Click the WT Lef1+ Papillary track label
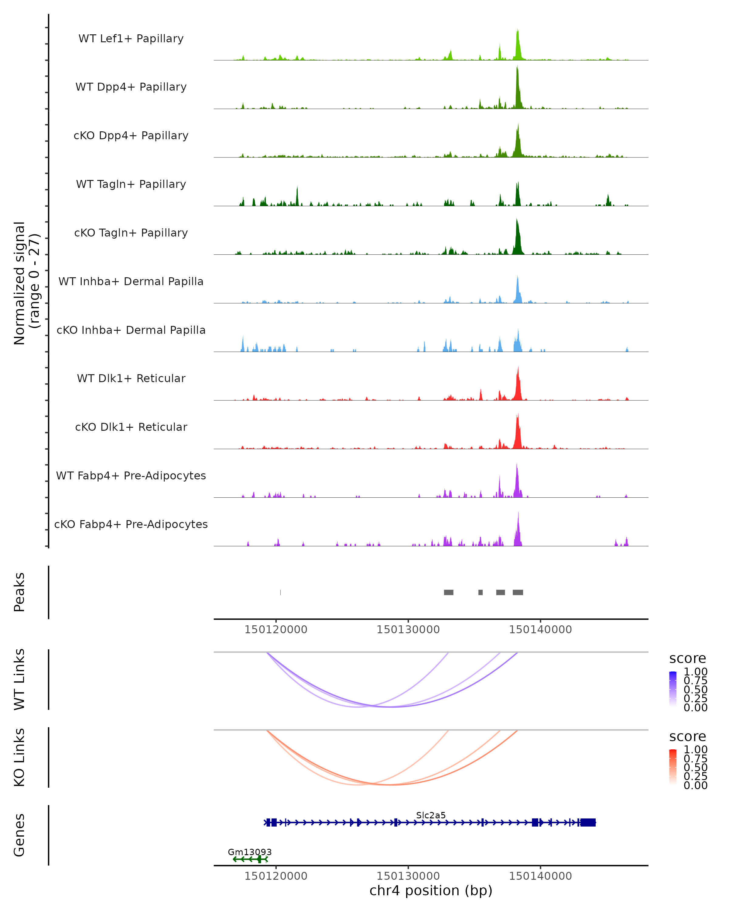[131, 39]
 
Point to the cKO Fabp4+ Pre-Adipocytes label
[131, 524]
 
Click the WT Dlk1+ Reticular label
[131, 378]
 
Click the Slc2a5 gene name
[431, 815]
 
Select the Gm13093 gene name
[249, 852]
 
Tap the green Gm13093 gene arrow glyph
[250, 859]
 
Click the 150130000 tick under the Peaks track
[408, 630]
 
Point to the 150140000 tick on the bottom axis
[540, 876]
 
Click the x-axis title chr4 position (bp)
[431, 891]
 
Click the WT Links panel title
[19, 679]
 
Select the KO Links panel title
[19, 758]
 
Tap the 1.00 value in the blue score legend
[695, 672]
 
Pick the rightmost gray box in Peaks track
[518, 592]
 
